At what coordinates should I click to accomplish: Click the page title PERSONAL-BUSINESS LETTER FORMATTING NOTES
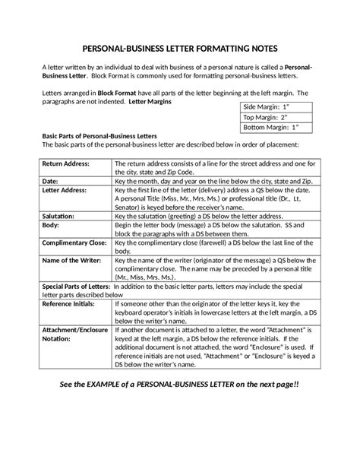coord(179,46)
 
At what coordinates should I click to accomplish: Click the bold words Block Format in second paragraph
coord(118,92)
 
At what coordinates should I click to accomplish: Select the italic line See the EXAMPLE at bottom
coord(179,385)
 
